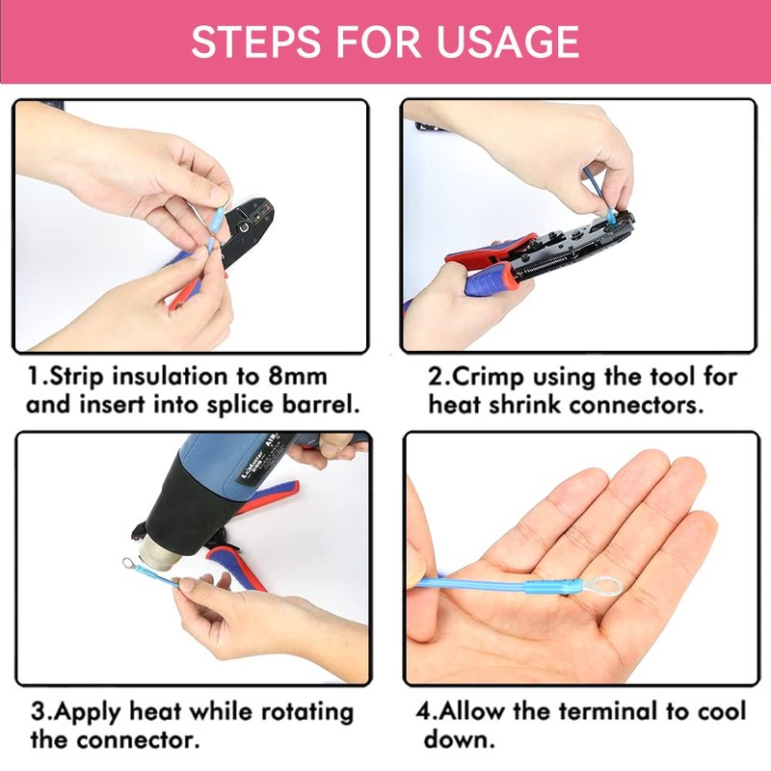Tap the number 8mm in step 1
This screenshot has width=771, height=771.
tap(298, 377)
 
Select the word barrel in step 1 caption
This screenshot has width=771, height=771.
tap(321, 405)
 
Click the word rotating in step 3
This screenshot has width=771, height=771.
tap(307, 713)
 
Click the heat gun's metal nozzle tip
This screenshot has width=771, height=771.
tap(156, 553)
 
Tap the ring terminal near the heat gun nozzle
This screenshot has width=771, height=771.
tap(129, 563)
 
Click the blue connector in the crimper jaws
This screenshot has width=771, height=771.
tap(611, 217)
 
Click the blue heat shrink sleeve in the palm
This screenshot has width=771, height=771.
tap(546, 587)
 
